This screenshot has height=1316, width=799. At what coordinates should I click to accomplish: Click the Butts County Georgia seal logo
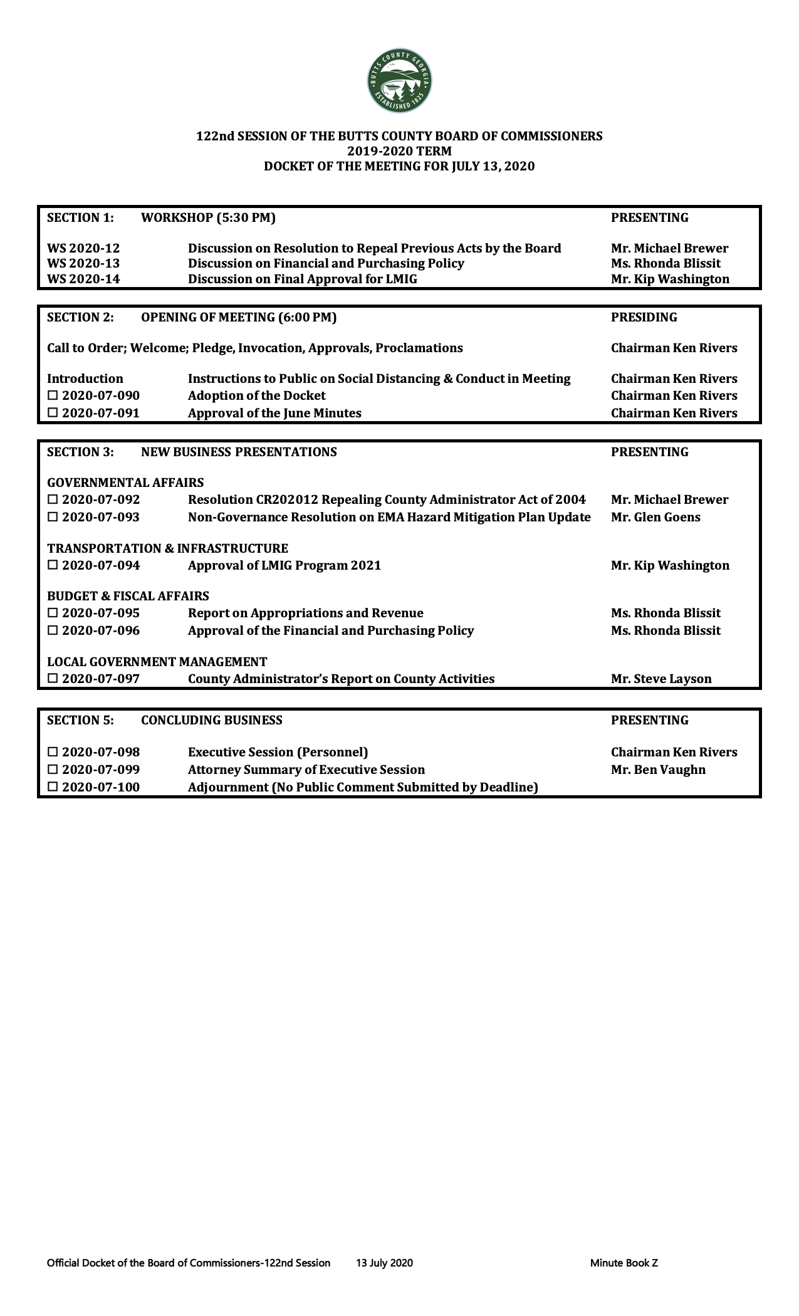point(399,82)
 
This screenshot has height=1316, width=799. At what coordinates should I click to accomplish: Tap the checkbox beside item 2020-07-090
point(53,396)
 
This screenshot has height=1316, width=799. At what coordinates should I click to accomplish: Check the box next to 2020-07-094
point(53,566)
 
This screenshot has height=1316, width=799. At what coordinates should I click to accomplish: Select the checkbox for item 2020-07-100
point(53,788)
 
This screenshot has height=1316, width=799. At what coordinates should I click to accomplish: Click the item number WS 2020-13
point(83,264)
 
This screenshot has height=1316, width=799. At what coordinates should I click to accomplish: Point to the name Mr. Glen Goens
point(655,518)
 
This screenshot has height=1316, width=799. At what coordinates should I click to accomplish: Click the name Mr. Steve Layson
point(661,679)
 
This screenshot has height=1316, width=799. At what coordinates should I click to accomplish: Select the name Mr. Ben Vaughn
point(658,770)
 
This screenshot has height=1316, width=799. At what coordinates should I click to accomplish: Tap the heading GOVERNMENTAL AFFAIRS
point(125,483)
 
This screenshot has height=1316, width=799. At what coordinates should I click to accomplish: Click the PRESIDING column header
point(644,318)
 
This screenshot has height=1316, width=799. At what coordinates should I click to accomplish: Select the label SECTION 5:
point(80,721)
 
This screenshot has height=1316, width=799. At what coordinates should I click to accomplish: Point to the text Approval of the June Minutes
point(274,414)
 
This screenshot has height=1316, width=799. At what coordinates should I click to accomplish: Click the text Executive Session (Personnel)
point(278,753)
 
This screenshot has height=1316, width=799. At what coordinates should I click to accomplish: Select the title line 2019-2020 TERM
point(399,151)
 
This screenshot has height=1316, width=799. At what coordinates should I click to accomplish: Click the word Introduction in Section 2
point(85,379)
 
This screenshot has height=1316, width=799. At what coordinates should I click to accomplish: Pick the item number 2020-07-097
point(101,679)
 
